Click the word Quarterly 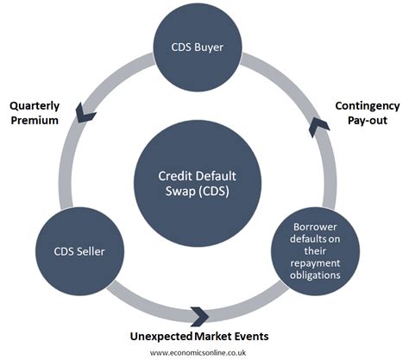[x=35, y=105]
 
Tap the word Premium [x=35, y=120]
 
